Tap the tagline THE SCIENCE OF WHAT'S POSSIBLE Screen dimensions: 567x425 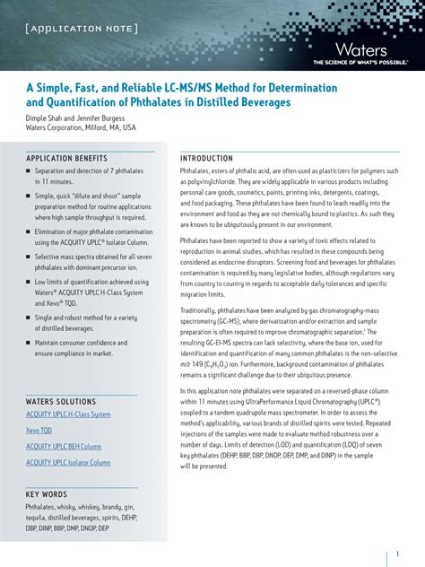click(360, 63)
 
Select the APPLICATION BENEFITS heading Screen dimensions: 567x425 click(66, 158)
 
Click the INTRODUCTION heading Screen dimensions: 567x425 click(206, 158)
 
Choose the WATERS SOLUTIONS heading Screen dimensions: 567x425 click(63, 400)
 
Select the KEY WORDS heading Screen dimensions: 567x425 click(47, 494)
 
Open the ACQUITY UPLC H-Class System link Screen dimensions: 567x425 click(68, 414)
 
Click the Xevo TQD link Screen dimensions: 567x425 click(39, 431)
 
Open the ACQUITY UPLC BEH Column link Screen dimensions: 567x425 click(64, 446)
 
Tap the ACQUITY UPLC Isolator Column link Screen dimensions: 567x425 click(68, 462)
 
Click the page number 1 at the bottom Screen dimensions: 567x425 click(397, 554)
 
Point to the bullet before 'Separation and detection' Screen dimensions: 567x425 click(28, 170)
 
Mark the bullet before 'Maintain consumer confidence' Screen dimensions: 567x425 click(28, 343)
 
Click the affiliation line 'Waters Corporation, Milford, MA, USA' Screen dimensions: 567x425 click(81, 127)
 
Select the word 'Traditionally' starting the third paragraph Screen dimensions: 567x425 click(201, 310)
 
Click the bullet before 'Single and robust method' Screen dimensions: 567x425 click(28, 318)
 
